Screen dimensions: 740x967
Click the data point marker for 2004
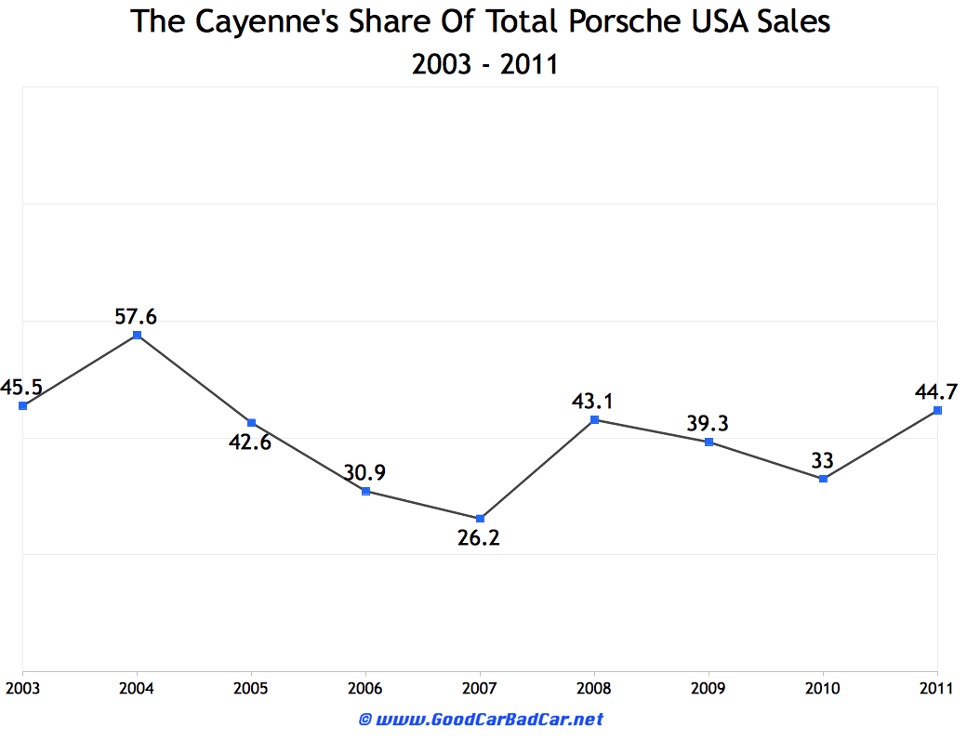pos(137,335)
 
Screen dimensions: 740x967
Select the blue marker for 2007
pos(480,518)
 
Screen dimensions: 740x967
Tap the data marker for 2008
pos(594,419)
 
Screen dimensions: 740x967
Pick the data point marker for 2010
pos(823,478)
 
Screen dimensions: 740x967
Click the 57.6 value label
pos(136,316)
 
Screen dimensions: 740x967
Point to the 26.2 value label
pos(479,537)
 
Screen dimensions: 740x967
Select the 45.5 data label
pos(20,387)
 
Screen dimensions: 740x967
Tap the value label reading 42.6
pos(250,442)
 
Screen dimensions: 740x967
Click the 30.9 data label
pos(364,472)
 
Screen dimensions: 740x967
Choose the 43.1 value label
pos(593,401)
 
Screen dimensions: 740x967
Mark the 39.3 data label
pos(708,424)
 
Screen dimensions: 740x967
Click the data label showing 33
pos(822,460)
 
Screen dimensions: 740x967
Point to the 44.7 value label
pos(936,391)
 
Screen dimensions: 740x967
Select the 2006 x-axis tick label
pos(365,688)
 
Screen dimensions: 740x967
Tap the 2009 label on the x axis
pos(709,688)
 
